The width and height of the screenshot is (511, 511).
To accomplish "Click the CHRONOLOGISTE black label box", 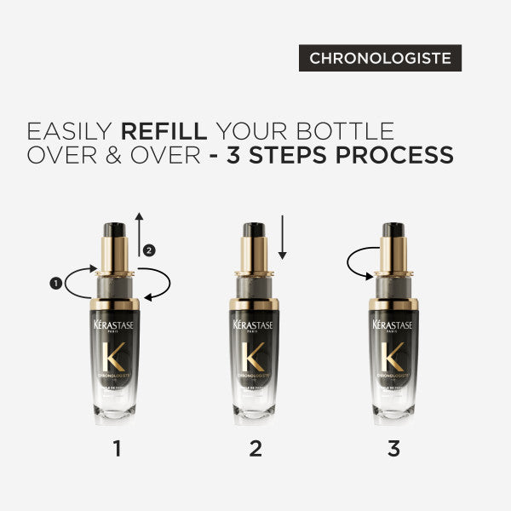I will (380, 59).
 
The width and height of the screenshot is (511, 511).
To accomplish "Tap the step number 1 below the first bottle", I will (116, 448).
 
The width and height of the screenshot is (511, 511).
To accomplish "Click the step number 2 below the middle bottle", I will (255, 448).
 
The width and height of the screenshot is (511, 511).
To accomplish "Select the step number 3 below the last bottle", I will (393, 448).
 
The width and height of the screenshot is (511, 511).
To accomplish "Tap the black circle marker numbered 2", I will (149, 250).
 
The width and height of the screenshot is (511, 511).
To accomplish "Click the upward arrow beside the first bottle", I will (139, 234).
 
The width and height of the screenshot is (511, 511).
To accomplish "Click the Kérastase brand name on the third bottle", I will (393, 326).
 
